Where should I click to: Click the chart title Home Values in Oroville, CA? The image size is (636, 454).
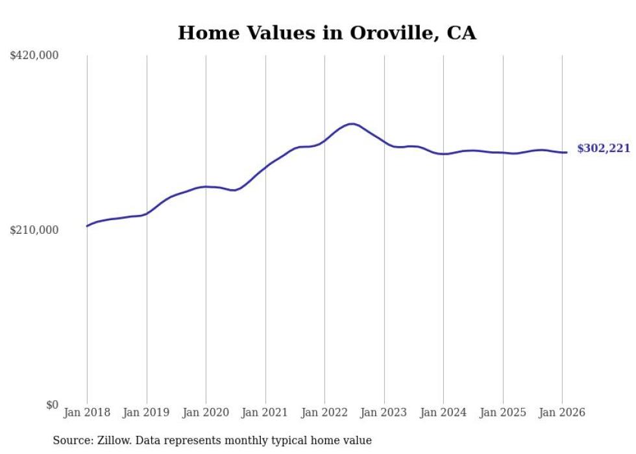tap(327, 33)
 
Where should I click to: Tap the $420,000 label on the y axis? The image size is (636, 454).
tap(34, 56)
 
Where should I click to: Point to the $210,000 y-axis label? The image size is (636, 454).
tap(34, 230)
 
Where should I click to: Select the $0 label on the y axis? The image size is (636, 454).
tap(52, 405)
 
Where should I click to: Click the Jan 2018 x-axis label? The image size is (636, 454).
tap(87, 412)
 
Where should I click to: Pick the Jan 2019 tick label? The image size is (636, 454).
tap(146, 412)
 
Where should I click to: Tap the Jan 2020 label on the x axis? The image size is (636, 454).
tap(206, 412)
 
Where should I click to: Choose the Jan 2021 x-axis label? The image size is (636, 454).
tap(265, 412)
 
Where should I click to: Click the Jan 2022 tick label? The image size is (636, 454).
tap(324, 412)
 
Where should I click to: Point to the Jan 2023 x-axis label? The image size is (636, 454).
tap(384, 412)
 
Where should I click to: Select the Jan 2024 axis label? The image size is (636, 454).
tap(443, 412)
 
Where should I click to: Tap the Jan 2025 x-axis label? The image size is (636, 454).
tap(502, 412)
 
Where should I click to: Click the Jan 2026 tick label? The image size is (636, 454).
tap(562, 412)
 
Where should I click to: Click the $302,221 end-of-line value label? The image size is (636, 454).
tap(603, 149)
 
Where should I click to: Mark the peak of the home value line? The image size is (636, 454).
tap(351, 124)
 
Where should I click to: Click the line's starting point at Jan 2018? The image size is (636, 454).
tap(87, 226)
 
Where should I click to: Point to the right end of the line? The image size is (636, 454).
tap(567, 153)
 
